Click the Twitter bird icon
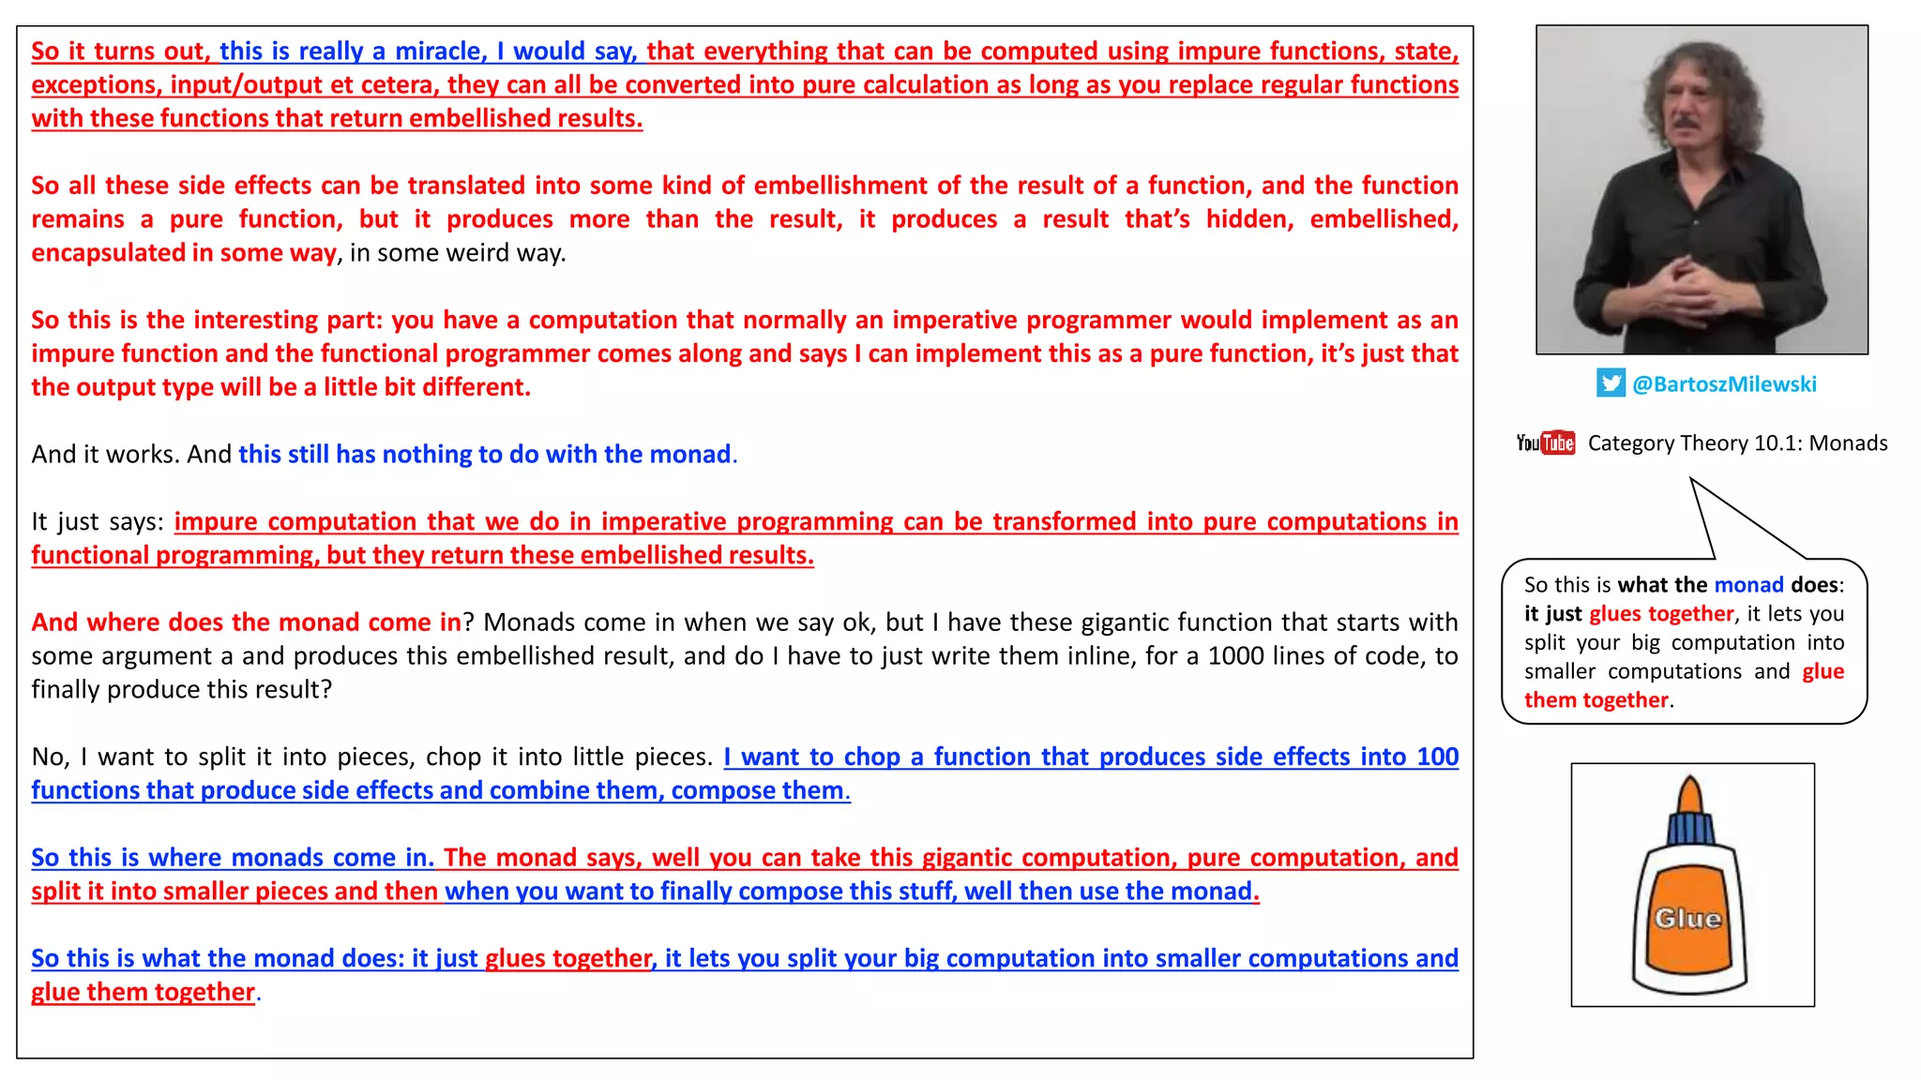point(1611,383)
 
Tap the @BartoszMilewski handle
point(1724,384)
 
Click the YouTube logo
point(1545,443)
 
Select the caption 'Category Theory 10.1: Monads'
point(1737,443)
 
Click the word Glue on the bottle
point(1687,919)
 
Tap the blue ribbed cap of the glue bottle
point(1690,830)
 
